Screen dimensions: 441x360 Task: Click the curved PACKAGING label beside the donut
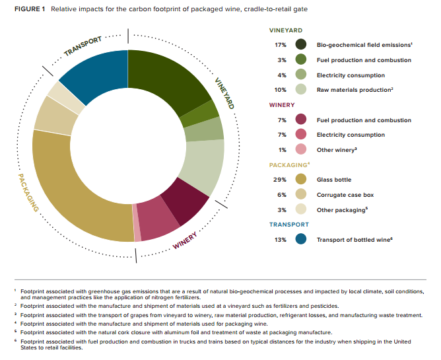pyautogui.click(x=28, y=192)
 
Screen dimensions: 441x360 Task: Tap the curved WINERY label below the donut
pyautogui.click(x=184, y=240)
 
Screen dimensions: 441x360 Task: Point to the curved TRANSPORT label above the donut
pyautogui.click(x=83, y=46)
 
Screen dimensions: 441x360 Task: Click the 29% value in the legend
pyautogui.click(x=279, y=180)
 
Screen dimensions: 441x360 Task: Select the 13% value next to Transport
pyautogui.click(x=280, y=240)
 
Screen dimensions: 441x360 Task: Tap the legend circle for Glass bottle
pyautogui.click(x=301, y=179)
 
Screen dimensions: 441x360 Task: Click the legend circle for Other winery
pyautogui.click(x=301, y=149)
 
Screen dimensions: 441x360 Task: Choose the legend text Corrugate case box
pyautogui.click(x=345, y=195)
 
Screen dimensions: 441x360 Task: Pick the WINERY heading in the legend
pyautogui.click(x=282, y=105)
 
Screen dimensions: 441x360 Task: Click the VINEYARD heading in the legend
pyautogui.click(x=286, y=30)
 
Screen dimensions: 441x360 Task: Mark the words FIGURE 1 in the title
pyautogui.click(x=30, y=9)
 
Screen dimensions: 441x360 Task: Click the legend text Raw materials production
pyautogui.click(x=355, y=90)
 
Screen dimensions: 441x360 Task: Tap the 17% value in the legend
pyautogui.click(x=281, y=45)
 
